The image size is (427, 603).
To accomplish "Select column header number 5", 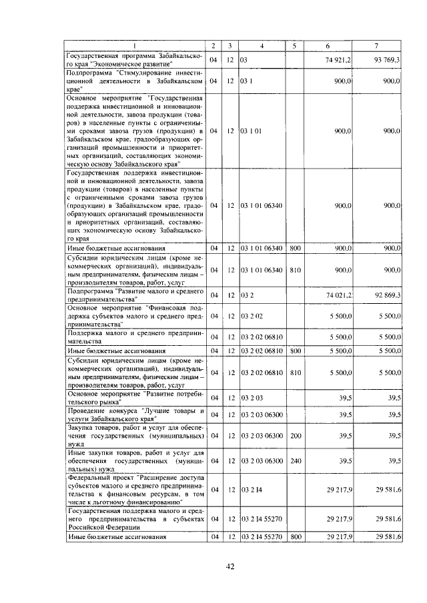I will coord(294,45).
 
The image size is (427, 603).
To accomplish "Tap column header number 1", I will coord(133,45).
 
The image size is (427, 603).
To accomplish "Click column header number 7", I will coord(377,45).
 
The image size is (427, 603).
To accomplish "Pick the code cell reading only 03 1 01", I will coord(250,131).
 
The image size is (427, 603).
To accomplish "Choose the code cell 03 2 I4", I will coord(248,490).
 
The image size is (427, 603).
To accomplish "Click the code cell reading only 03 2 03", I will coord(248,398).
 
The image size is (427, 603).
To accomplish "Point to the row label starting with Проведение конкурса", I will coord(133,414).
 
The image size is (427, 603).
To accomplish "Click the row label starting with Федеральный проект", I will coord(133,490).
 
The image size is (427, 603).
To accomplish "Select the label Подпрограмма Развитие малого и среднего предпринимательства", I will coord(133,295).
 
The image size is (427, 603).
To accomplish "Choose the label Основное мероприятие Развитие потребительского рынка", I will coord(133,398).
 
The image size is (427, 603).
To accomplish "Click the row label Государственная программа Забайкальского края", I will coord(133,60).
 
